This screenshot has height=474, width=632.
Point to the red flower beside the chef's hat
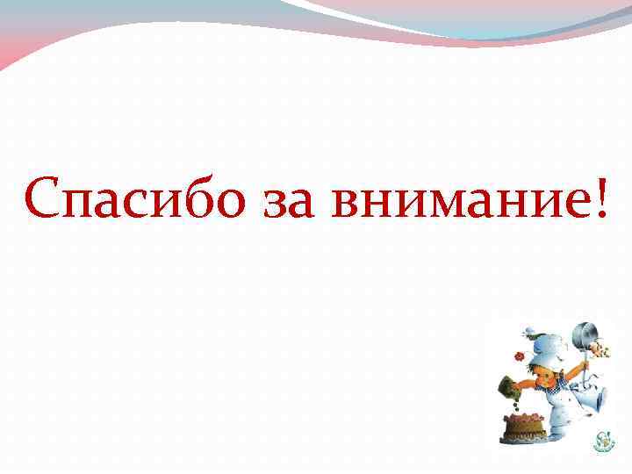pyautogui.click(x=520, y=357)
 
